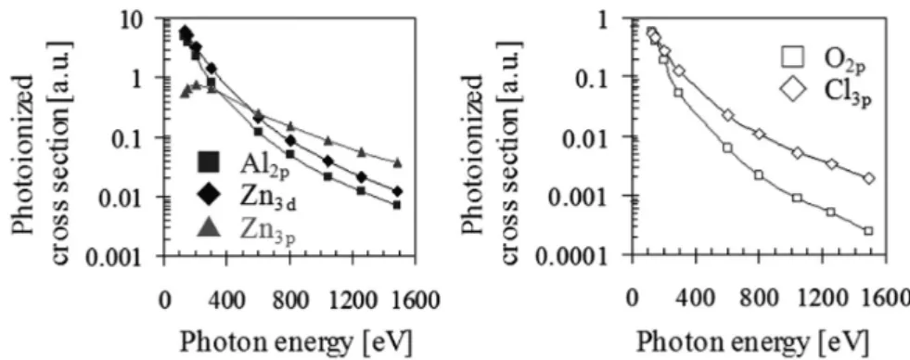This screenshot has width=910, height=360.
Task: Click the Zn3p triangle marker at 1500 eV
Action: pos(398,162)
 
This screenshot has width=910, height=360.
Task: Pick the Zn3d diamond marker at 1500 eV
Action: pos(397,191)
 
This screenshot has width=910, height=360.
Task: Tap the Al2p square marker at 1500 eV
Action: pos(397,204)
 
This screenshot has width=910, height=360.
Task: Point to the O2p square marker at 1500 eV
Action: pos(868,230)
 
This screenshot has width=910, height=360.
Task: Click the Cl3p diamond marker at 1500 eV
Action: pos(868,178)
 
